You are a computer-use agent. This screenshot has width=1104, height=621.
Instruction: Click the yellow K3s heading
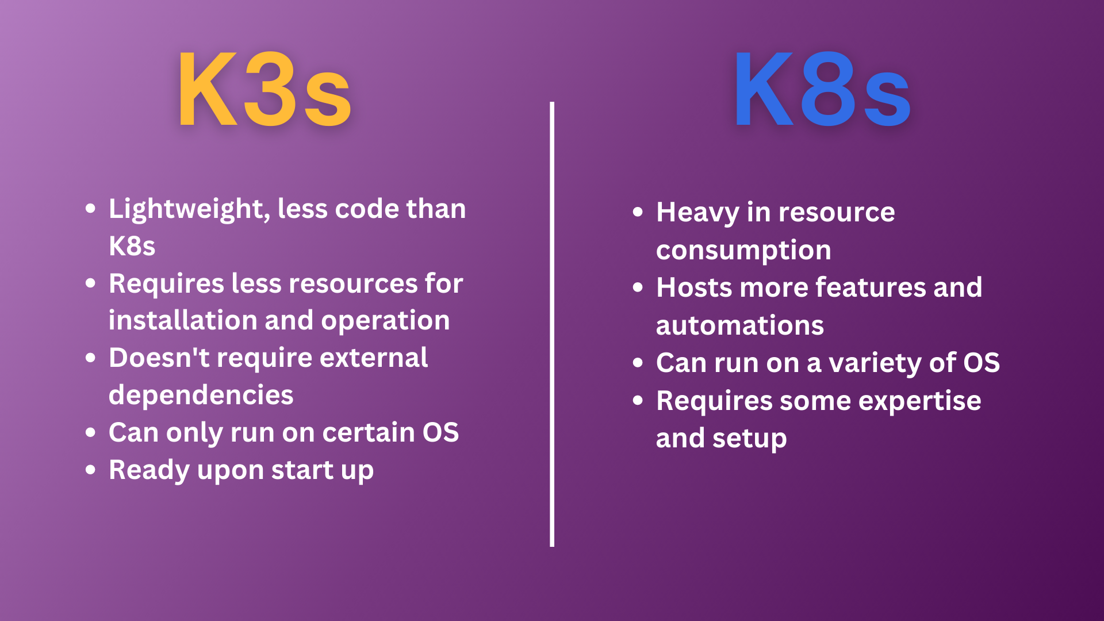(x=264, y=89)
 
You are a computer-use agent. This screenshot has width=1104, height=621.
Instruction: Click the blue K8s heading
(x=822, y=89)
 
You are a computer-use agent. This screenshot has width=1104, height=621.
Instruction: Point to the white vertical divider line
(x=552, y=324)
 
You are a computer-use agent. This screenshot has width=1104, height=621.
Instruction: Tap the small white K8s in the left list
(x=132, y=246)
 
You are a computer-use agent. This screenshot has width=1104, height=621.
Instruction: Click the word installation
(x=182, y=320)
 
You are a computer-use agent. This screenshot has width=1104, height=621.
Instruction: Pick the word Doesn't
(x=159, y=358)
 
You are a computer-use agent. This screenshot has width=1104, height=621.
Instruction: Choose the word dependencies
(x=201, y=396)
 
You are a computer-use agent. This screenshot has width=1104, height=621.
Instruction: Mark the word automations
(x=740, y=325)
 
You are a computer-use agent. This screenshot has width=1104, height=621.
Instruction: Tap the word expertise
(x=919, y=401)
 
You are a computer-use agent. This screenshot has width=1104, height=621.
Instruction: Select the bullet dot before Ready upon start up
(x=90, y=469)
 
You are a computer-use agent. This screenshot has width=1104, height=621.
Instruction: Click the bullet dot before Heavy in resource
(x=638, y=212)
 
